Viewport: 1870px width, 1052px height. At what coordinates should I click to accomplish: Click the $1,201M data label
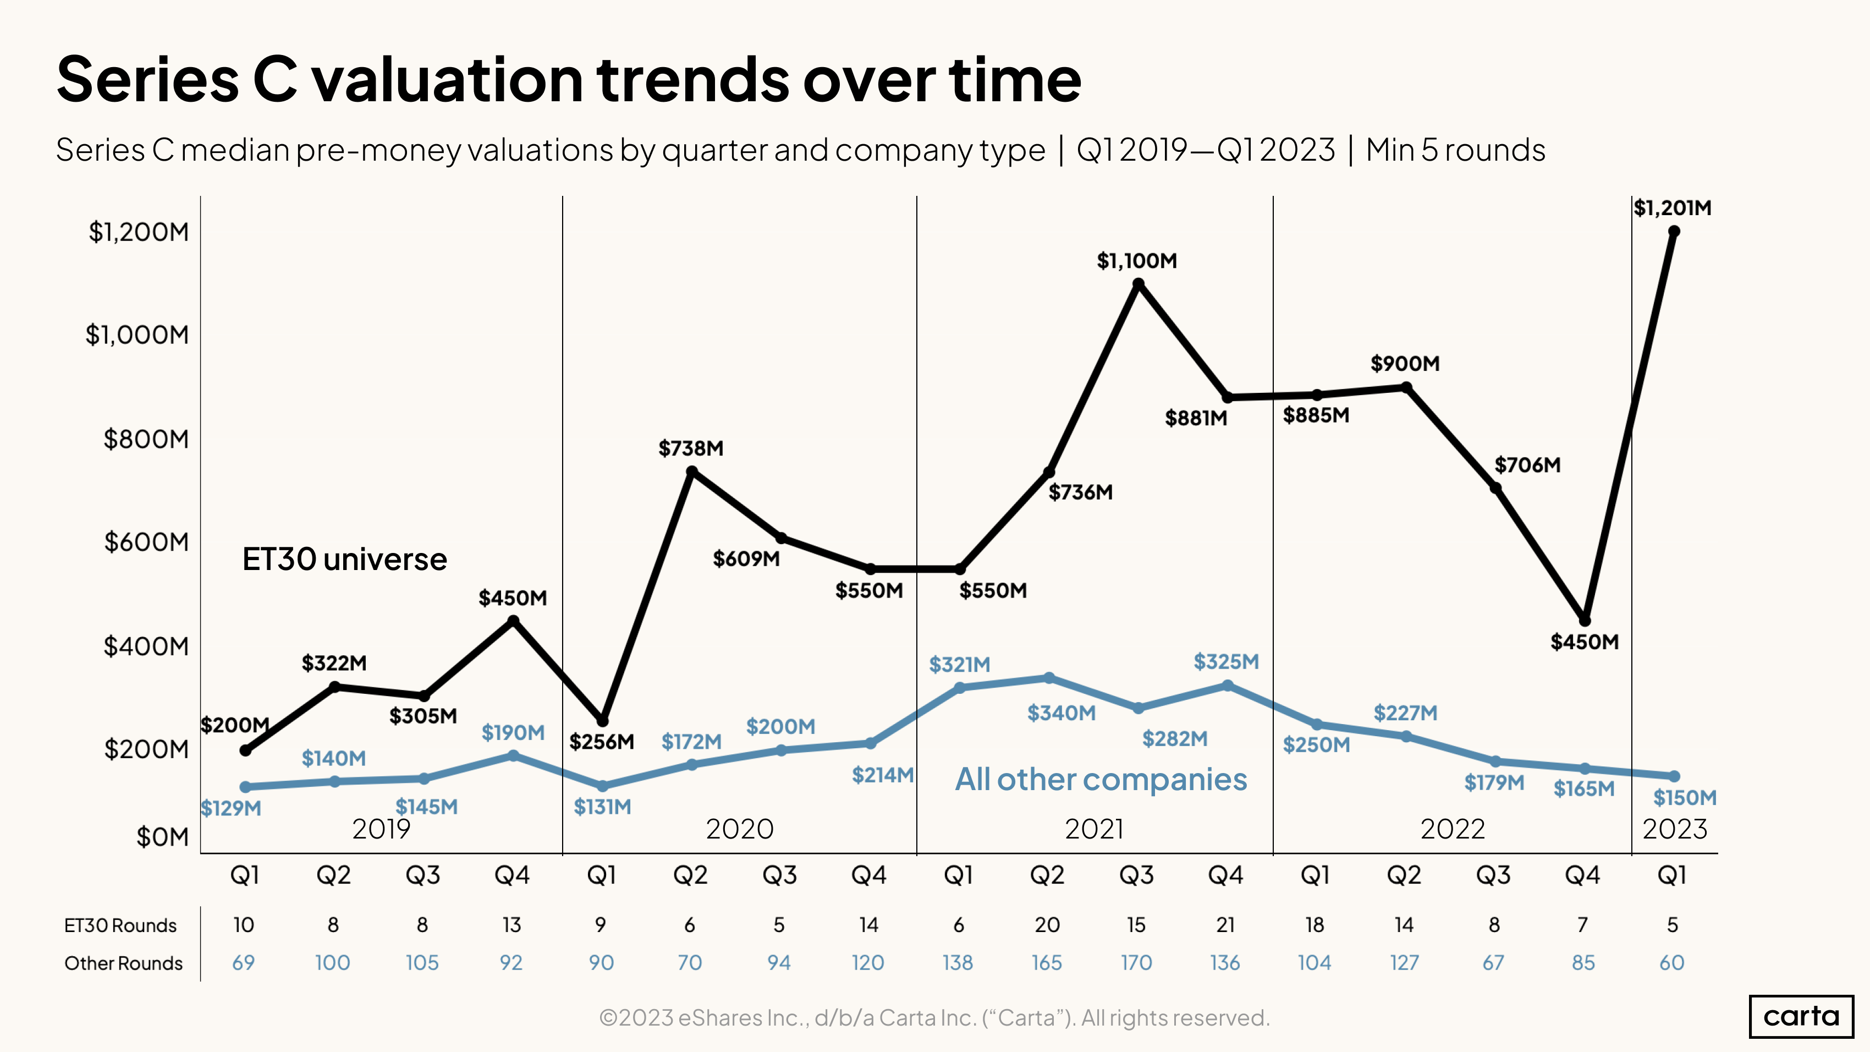pyautogui.click(x=1672, y=209)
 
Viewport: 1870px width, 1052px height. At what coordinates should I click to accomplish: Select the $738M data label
pyautogui.click(x=690, y=448)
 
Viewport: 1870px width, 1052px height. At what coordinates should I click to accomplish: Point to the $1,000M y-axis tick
pyautogui.click(x=137, y=335)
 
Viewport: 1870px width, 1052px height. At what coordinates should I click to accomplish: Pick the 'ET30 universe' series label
pyautogui.click(x=344, y=560)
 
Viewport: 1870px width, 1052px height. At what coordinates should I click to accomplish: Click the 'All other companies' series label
pyautogui.click(x=1101, y=780)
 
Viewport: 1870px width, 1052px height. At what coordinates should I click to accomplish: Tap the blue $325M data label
pyautogui.click(x=1226, y=662)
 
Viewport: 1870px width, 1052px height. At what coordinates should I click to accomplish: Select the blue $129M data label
pyautogui.click(x=231, y=808)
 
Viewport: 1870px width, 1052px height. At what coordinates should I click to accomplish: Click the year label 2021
pyautogui.click(x=1094, y=829)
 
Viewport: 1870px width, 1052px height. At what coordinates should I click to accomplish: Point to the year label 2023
pyautogui.click(x=1675, y=829)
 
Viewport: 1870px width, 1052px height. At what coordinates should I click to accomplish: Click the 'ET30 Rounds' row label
pyautogui.click(x=120, y=925)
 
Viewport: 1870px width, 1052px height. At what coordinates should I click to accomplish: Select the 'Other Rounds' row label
pyautogui.click(x=123, y=963)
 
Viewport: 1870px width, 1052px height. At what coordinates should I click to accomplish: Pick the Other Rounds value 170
pyautogui.click(x=1136, y=963)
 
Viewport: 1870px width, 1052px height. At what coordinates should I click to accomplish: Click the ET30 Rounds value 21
pyautogui.click(x=1225, y=925)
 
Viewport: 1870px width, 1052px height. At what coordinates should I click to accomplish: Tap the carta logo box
pyautogui.click(x=1801, y=1016)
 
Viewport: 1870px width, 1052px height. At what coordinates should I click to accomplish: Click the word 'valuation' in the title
pyautogui.click(x=448, y=80)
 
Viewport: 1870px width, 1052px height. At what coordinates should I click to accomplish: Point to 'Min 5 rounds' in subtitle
pyautogui.click(x=1455, y=150)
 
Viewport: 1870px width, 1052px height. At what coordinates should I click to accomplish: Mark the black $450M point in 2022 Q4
pyautogui.click(x=1585, y=621)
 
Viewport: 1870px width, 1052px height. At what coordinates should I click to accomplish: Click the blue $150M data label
pyautogui.click(x=1684, y=798)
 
